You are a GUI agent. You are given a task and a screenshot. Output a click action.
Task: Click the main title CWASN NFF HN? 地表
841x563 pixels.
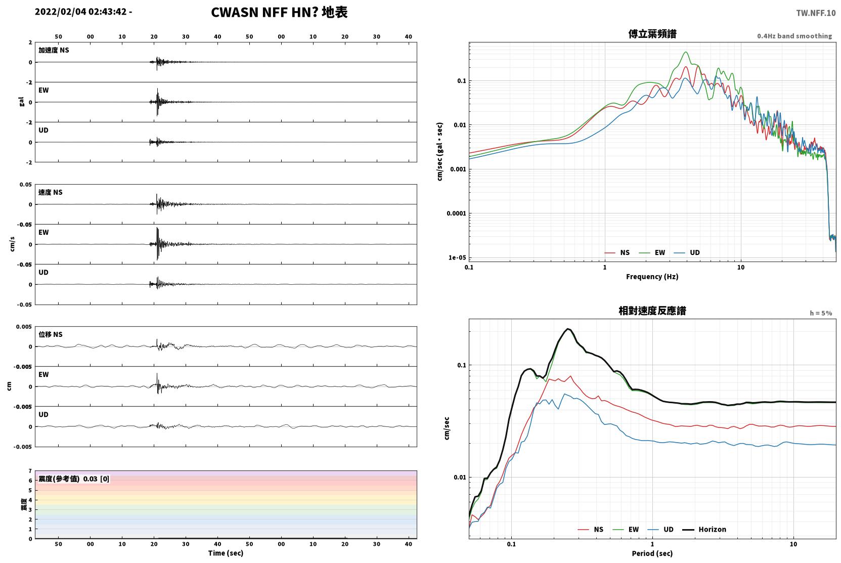pos(279,12)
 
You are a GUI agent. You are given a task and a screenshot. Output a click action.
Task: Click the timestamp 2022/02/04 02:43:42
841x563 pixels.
pos(81,12)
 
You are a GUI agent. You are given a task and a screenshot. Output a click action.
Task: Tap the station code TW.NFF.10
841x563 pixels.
pos(816,13)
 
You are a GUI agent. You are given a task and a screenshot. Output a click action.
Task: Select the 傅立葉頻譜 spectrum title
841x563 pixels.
pos(652,34)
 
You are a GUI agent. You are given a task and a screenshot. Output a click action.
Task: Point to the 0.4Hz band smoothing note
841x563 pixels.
pos(794,36)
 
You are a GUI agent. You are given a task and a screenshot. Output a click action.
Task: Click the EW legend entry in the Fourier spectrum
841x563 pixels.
pos(652,252)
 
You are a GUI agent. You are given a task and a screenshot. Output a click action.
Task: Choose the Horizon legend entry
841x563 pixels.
pos(704,529)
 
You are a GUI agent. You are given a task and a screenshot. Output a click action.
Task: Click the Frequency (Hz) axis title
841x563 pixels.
pos(652,277)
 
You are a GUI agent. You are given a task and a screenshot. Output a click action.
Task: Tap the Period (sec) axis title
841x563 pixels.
pos(652,553)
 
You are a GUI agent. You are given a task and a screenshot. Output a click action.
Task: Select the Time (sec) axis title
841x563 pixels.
pos(226,553)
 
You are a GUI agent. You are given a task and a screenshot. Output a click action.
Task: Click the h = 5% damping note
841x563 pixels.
pos(821,313)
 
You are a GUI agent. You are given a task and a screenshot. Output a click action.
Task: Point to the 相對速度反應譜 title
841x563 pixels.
pos(652,311)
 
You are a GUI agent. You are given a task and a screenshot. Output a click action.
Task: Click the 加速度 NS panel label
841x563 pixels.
pos(54,50)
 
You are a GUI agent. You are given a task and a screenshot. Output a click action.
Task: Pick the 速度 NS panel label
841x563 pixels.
pos(50,192)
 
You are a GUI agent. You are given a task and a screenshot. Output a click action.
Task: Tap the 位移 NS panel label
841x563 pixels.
pos(50,334)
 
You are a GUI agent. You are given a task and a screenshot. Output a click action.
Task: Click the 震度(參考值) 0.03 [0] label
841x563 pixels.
pos(74,479)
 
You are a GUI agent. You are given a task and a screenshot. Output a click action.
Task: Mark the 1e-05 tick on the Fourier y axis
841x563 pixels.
pos(457,257)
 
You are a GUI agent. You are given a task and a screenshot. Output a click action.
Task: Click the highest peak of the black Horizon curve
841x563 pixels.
pos(569,329)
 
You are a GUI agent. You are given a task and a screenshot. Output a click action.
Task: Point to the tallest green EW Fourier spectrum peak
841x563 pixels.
pos(686,52)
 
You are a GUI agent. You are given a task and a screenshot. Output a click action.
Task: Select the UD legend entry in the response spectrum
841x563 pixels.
pos(661,529)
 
